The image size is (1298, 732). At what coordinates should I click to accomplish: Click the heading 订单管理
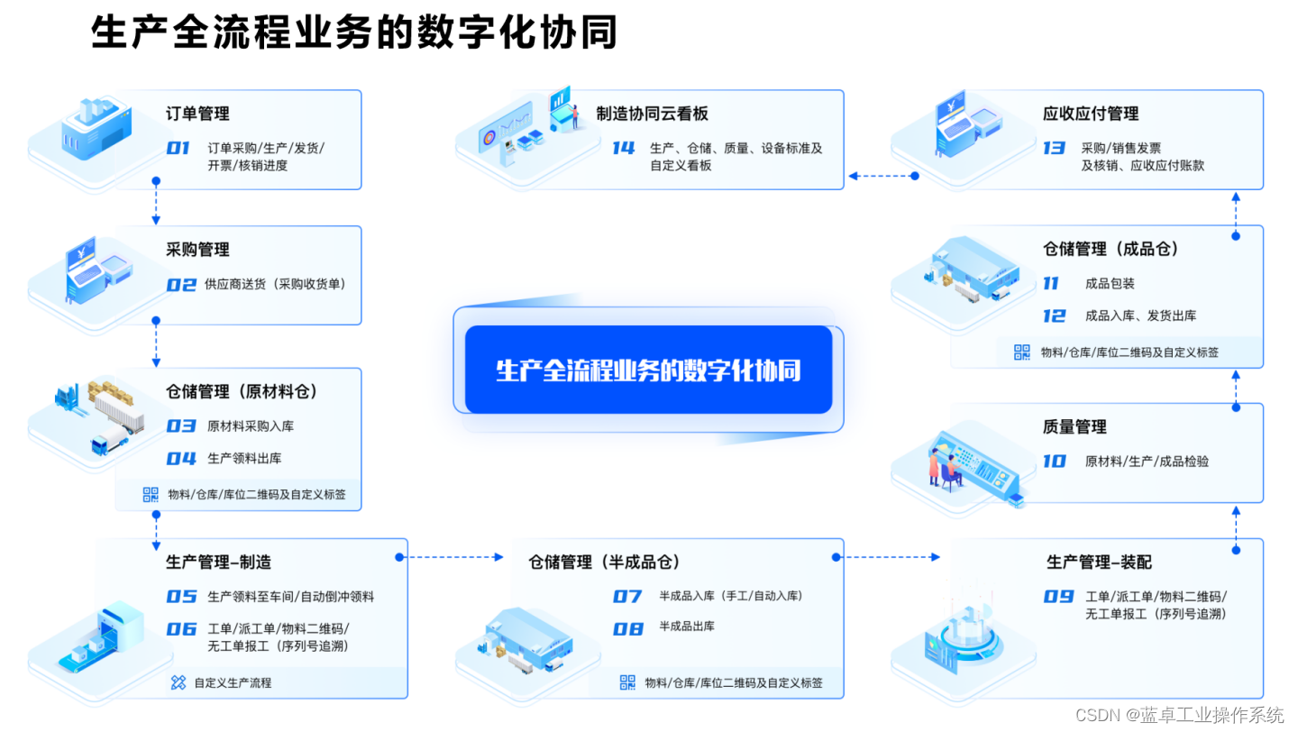tap(197, 114)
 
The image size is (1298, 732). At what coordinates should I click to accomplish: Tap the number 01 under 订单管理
tap(178, 149)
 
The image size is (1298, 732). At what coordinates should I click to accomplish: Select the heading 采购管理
tap(197, 250)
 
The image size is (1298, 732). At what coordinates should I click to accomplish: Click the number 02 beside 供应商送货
tap(181, 285)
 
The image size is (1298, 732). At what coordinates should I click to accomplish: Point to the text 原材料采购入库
tap(251, 425)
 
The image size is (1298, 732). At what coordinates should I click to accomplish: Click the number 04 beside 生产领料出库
tap(181, 459)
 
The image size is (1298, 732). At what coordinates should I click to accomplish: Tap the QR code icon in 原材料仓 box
tap(151, 494)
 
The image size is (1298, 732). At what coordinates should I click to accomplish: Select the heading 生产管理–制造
tap(218, 563)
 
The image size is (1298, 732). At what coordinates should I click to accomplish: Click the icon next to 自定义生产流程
tap(178, 682)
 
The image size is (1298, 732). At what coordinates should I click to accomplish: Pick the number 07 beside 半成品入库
tap(627, 597)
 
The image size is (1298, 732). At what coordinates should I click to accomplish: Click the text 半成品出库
tap(687, 627)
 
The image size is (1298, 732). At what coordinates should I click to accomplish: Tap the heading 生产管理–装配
tap(1099, 563)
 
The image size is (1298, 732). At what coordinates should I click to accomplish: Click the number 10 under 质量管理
tap(1055, 462)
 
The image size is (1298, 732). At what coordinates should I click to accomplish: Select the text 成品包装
tap(1110, 284)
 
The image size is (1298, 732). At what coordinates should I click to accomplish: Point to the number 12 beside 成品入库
tap(1055, 316)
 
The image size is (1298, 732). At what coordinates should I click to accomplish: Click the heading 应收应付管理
tap(1091, 114)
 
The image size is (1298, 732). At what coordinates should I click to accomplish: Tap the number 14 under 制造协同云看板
tap(624, 149)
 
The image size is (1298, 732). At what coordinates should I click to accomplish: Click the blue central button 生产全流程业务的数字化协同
tap(648, 370)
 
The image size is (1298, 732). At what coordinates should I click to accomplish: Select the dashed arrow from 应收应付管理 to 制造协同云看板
tap(882, 176)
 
